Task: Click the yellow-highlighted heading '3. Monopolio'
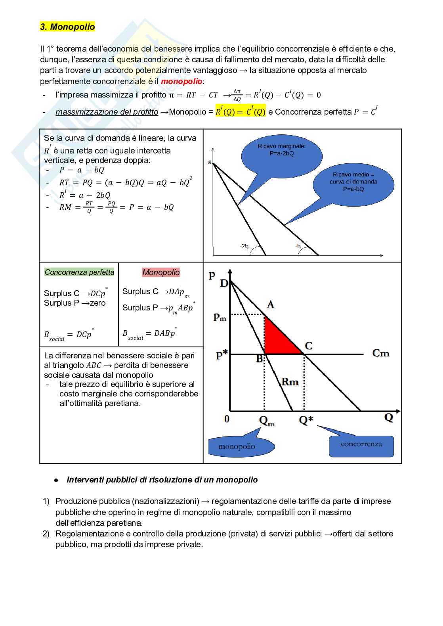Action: pyautogui.click(x=67, y=27)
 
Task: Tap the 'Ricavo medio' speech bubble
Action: pyautogui.click(x=353, y=184)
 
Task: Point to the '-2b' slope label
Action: pyautogui.click(x=244, y=246)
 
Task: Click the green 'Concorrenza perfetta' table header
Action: pyautogui.click(x=79, y=272)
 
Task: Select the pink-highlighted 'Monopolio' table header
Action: pyautogui.click(x=161, y=272)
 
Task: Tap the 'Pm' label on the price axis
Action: pyautogui.click(x=220, y=317)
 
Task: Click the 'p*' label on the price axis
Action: pyautogui.click(x=221, y=355)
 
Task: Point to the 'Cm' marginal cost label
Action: pyautogui.click(x=381, y=353)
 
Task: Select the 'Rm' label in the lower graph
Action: pyautogui.click(x=290, y=382)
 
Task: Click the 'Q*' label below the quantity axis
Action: pyautogui.click(x=306, y=420)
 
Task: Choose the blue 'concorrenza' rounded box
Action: pyautogui.click(x=361, y=446)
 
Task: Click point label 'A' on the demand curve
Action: pyautogui.click(x=271, y=304)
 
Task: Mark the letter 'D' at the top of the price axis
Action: pyautogui.click(x=224, y=283)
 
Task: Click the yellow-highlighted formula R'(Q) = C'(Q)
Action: pyautogui.click(x=240, y=112)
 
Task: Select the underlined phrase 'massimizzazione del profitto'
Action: pyautogui.click(x=107, y=112)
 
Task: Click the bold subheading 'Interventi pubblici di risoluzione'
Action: pyautogui.click(x=162, y=480)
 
